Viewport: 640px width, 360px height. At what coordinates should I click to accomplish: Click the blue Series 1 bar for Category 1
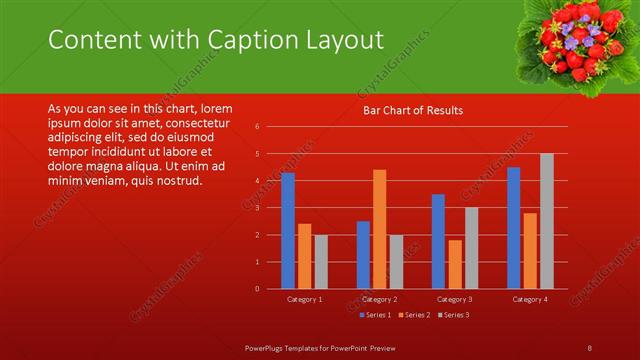coord(288,230)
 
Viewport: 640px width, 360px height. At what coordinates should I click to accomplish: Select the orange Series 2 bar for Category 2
coord(379,229)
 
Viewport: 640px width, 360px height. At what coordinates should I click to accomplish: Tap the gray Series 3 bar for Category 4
coord(546,221)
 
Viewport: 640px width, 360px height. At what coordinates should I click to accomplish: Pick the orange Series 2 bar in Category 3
coord(455,264)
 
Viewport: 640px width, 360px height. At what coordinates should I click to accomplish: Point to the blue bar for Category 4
coord(514,228)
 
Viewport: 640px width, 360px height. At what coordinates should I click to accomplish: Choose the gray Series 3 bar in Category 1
coord(321,262)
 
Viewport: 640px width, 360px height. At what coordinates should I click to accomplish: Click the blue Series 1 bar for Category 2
coord(363,255)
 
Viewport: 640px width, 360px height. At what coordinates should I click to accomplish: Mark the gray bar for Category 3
coord(471,248)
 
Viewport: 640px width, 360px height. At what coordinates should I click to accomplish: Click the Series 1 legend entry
coord(373,315)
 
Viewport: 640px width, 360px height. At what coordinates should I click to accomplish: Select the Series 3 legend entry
coord(452,315)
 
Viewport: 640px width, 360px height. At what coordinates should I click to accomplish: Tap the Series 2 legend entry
coord(412,315)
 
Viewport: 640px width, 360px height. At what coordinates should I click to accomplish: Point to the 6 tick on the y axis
coord(257,127)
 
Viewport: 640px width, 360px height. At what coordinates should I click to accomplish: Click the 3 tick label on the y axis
coord(257,208)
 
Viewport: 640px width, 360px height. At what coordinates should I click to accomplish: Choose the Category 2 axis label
coord(379,299)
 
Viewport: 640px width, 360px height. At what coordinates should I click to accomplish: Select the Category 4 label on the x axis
coord(530,299)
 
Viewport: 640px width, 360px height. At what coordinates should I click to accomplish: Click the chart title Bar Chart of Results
coord(412,110)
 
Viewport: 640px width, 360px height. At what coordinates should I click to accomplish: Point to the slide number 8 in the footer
coord(590,347)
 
